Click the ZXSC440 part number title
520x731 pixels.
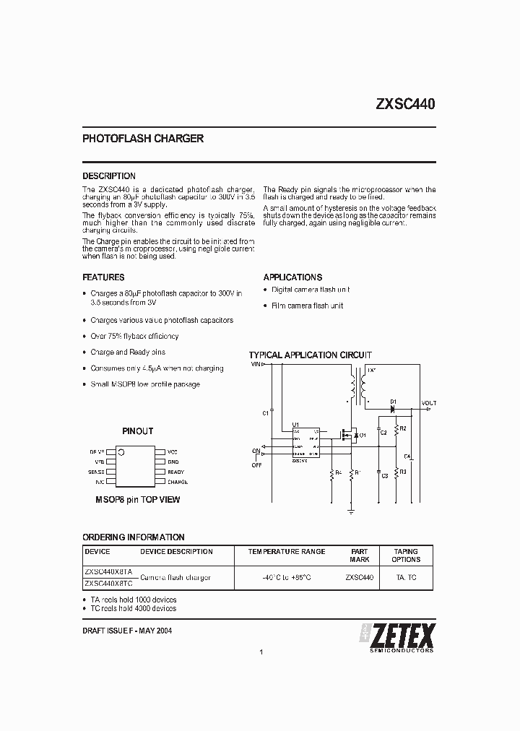point(404,103)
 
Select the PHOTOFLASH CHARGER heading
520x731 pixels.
point(143,139)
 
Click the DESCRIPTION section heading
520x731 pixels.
point(109,176)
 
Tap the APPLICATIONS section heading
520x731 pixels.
point(292,277)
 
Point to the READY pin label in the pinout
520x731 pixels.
point(176,472)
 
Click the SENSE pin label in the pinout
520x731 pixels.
point(96,472)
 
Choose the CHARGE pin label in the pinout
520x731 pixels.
point(178,482)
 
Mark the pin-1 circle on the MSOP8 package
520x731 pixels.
point(121,452)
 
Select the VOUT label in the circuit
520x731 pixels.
point(429,403)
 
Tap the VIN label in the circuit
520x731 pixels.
point(256,365)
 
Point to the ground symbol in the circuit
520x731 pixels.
point(350,510)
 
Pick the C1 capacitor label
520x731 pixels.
point(266,412)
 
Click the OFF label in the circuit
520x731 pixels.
point(256,465)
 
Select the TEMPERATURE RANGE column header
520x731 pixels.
point(287,552)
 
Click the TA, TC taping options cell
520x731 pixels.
point(406,578)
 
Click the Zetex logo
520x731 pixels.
point(397,636)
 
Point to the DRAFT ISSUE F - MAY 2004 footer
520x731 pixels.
point(127,631)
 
